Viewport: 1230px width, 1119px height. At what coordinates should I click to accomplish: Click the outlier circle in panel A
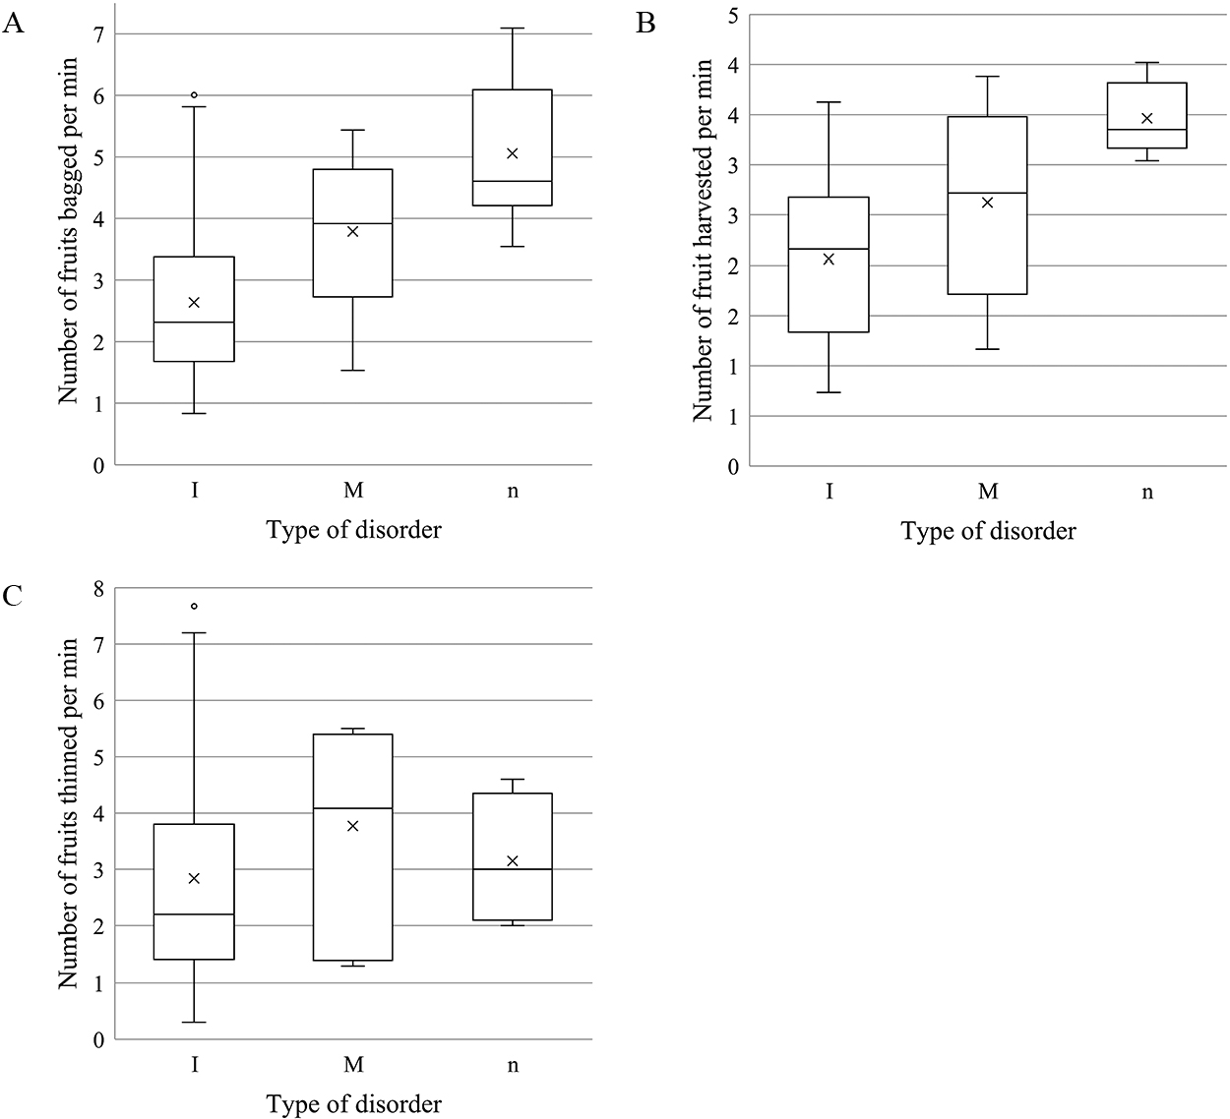tap(194, 95)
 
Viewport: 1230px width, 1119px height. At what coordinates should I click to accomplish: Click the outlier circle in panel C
tap(194, 606)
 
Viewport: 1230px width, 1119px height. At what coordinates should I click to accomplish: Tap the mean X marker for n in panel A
tap(512, 153)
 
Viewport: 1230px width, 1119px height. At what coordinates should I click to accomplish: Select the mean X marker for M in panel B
tap(987, 203)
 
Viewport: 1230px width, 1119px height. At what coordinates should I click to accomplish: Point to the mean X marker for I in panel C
tap(194, 878)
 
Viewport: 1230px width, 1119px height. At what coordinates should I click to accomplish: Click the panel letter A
tap(13, 24)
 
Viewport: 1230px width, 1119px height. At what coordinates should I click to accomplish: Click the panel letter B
tap(646, 24)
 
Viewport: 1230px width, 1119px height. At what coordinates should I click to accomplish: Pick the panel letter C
tap(13, 595)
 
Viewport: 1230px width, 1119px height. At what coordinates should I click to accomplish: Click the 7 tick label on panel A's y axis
tap(98, 34)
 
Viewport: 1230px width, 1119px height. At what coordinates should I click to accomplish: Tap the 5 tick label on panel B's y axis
tap(733, 15)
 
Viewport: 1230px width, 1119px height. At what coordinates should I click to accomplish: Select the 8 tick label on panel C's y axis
tap(98, 588)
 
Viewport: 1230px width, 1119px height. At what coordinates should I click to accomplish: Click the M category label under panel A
tap(353, 490)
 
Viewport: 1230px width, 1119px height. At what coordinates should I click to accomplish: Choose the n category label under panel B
tap(1147, 492)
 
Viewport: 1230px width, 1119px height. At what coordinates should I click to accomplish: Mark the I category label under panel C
tap(195, 1065)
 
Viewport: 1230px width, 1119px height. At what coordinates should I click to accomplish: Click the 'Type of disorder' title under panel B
tap(988, 531)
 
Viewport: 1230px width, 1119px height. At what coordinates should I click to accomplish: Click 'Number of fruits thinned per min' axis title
tap(69, 812)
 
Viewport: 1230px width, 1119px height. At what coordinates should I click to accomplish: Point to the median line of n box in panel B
tap(1146, 129)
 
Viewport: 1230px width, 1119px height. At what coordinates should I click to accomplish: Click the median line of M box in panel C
tap(352, 808)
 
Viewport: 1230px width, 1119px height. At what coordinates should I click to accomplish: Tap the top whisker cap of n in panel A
tap(512, 29)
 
